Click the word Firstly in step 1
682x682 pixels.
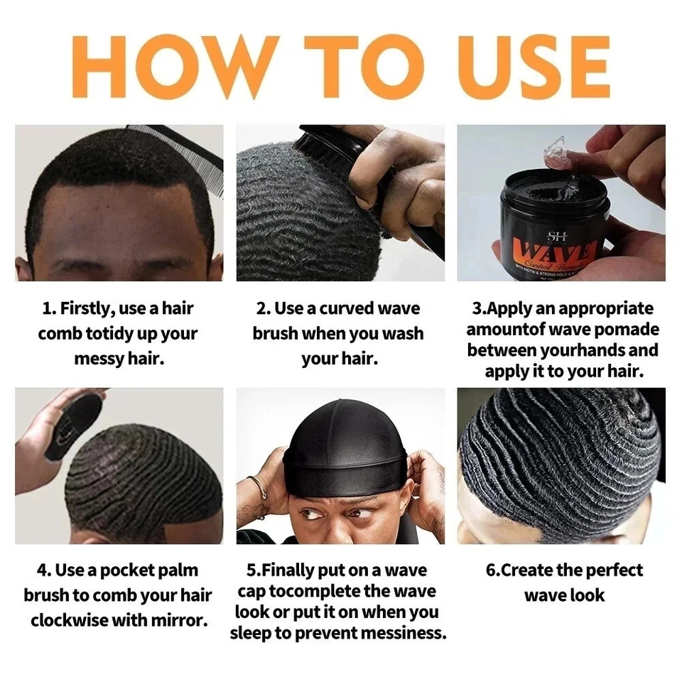coord(91,308)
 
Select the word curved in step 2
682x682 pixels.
coord(353,308)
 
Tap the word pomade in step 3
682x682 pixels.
coord(627,329)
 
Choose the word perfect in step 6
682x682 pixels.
coord(608,570)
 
